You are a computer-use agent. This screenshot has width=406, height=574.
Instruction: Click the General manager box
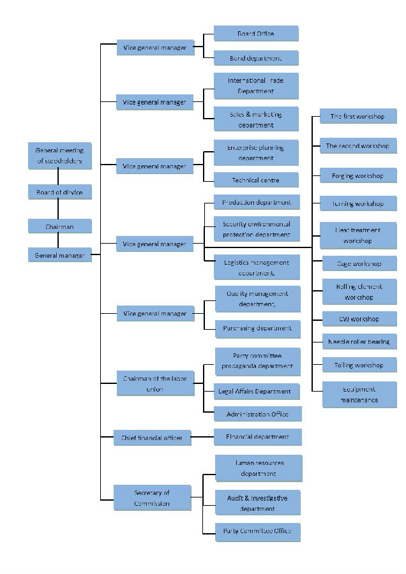[59, 255]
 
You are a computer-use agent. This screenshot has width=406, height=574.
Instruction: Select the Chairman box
[59, 226]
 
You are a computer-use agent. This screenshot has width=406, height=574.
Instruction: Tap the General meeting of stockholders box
[59, 156]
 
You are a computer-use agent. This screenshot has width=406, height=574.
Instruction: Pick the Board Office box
[256, 33]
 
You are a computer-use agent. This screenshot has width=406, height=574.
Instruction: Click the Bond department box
[256, 58]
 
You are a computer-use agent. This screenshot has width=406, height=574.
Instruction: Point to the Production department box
[256, 203]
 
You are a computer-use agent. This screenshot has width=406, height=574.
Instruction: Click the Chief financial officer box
[152, 438]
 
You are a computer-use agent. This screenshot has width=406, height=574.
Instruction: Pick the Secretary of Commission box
[152, 497]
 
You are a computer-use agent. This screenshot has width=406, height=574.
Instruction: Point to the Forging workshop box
[357, 175]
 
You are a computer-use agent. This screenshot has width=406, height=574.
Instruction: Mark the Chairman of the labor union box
[152, 384]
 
